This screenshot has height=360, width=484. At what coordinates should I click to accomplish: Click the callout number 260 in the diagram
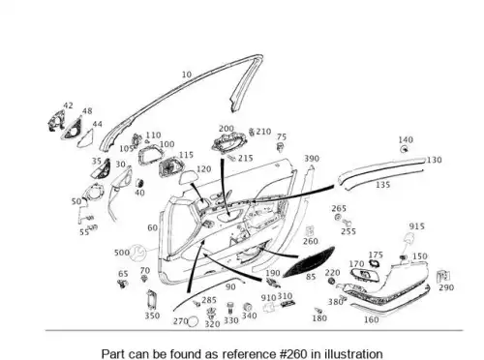tap(311, 241)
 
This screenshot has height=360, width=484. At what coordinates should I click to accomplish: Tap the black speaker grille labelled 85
tap(309, 262)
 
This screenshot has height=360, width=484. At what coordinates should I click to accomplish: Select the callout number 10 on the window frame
tap(187, 75)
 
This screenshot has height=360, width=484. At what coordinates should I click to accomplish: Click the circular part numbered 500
tap(137, 253)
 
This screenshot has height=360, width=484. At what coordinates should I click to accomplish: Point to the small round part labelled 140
tap(404, 149)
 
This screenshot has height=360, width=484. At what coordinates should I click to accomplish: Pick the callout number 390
tap(312, 159)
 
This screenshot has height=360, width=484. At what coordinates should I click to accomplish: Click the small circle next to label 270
tap(193, 321)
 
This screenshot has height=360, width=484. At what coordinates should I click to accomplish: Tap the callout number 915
tap(416, 226)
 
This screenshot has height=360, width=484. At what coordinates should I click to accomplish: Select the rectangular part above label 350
tap(151, 300)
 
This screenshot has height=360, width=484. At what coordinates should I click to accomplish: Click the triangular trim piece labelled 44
tap(86, 138)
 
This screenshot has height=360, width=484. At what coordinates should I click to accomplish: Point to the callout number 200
tap(227, 129)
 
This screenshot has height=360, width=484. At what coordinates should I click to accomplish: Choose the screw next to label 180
tap(318, 311)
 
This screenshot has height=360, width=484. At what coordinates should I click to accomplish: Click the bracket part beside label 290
tap(443, 276)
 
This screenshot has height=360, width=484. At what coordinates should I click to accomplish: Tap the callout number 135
tap(382, 185)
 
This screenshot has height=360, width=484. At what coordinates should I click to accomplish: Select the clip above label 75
tap(281, 147)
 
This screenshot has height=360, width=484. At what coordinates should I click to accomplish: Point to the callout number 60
tap(152, 227)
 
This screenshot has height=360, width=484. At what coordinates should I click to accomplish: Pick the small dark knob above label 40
tap(139, 183)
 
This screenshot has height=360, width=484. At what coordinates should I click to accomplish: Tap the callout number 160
tap(371, 319)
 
